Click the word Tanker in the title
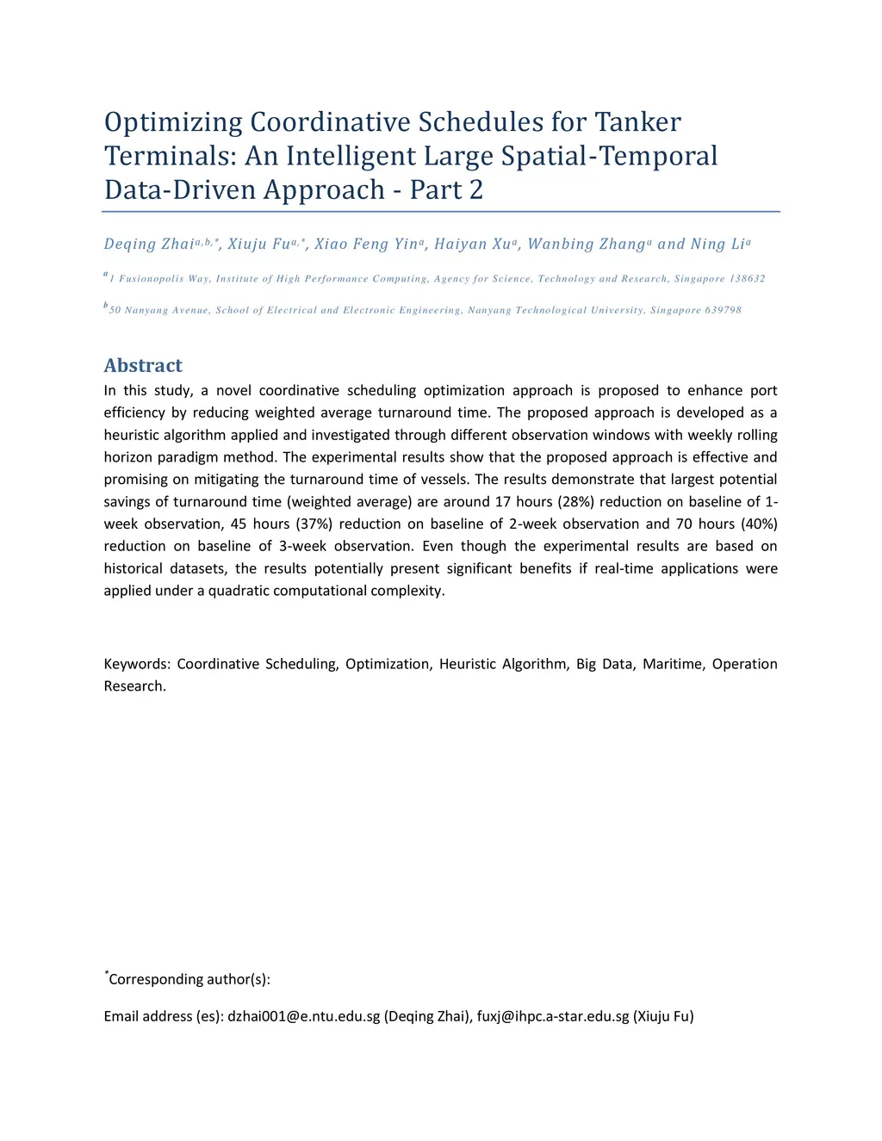[x=638, y=122]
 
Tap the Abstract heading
[x=143, y=365]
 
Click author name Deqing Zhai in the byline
[x=149, y=245]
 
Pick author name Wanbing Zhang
[x=586, y=245]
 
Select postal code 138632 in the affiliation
[x=748, y=279]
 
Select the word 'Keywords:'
[x=137, y=664]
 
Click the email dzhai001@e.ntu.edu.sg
[x=303, y=1016]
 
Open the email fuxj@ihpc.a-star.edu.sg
[x=553, y=1016]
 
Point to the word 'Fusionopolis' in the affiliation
[x=152, y=279]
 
